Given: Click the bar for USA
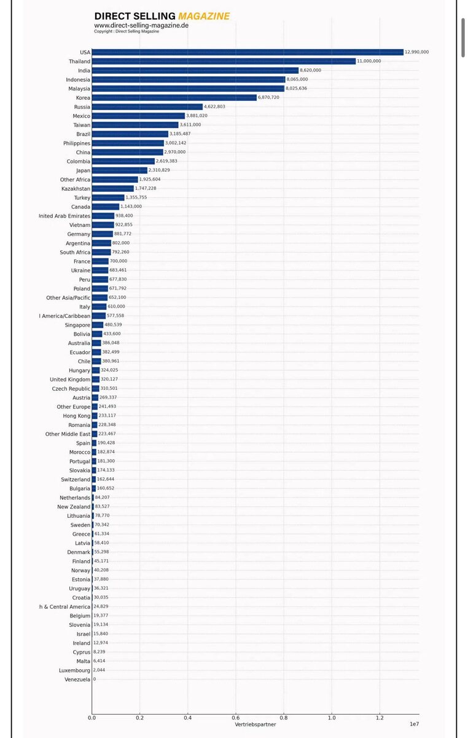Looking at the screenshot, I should [248, 52].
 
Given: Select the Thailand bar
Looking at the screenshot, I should [224, 61].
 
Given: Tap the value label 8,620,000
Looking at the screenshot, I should [310, 70].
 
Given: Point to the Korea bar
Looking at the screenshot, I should [174, 98].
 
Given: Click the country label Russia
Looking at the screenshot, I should [82, 107].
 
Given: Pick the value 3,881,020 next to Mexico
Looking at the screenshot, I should [197, 116].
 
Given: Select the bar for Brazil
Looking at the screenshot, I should [130, 134].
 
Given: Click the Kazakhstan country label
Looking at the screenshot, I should [76, 189].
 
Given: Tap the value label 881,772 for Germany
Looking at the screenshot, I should [123, 234].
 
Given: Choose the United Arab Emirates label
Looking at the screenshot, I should [64, 216].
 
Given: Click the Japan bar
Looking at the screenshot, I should [120, 170].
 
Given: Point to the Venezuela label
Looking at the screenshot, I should [77, 680].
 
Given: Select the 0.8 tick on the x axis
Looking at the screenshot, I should [284, 717].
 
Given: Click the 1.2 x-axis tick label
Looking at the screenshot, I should [380, 717].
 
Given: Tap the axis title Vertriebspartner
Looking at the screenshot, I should [255, 724].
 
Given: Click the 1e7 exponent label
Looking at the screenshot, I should [414, 724].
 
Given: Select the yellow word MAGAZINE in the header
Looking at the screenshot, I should [204, 16].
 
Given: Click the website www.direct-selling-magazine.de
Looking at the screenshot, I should [141, 25].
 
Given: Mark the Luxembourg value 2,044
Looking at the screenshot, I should [101, 670].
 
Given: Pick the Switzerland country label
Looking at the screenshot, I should [75, 480].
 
